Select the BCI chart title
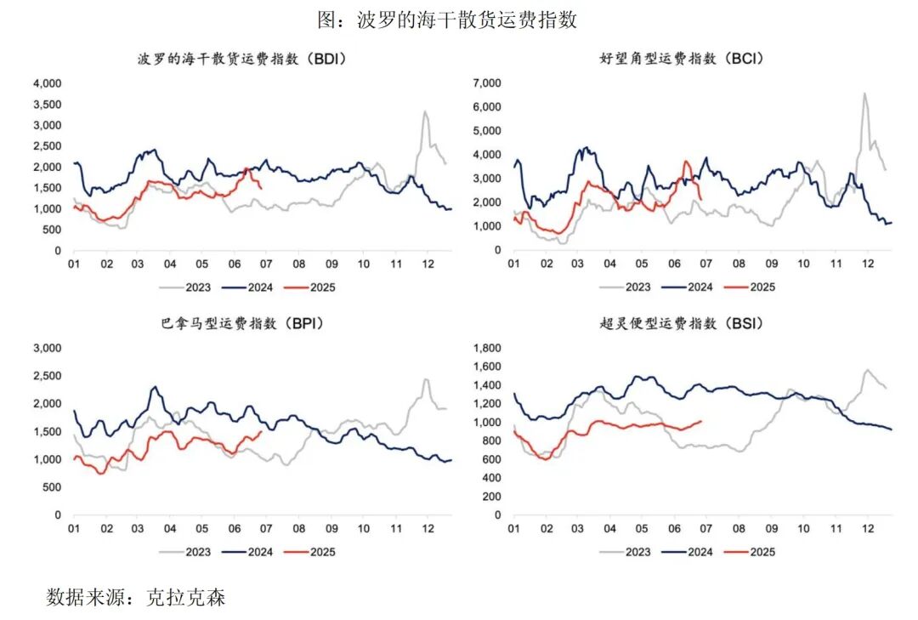point(681,59)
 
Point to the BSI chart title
point(681,323)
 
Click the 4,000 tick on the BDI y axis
point(47,83)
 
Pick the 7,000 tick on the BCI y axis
point(487,83)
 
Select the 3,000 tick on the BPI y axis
point(47,349)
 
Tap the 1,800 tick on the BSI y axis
point(487,349)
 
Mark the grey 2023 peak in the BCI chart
point(864,94)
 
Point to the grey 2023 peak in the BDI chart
point(424,111)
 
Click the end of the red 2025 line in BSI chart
point(701,420)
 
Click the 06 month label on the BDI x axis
point(235,264)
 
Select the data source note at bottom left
point(136,597)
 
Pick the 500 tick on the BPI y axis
point(51,487)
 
